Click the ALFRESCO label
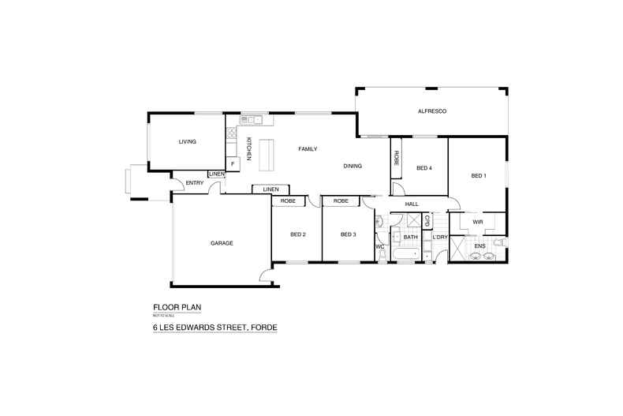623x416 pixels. tap(432, 112)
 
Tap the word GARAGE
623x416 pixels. tap(222, 243)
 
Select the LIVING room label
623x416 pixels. tap(187, 142)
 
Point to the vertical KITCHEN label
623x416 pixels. tap(248, 149)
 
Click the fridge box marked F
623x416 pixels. tap(232, 163)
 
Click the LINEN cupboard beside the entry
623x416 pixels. tap(215, 174)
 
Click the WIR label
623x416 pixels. tap(477, 223)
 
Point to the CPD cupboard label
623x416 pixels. tap(427, 221)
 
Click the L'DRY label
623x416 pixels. tap(440, 237)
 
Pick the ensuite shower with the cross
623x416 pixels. tap(457, 249)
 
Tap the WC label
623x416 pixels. tap(379, 247)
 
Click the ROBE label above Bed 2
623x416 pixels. tap(287, 201)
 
